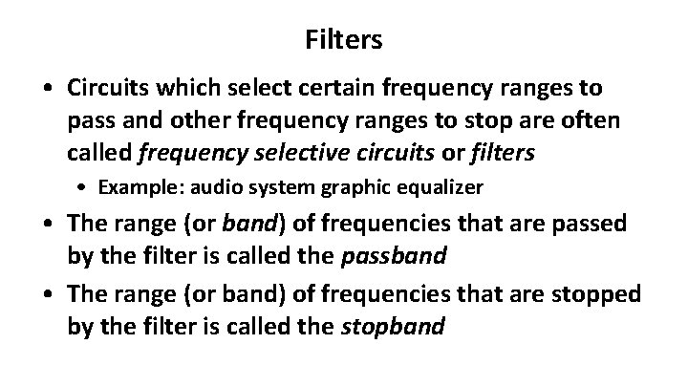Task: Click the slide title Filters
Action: [344, 40]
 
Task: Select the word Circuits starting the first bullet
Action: [105, 89]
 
